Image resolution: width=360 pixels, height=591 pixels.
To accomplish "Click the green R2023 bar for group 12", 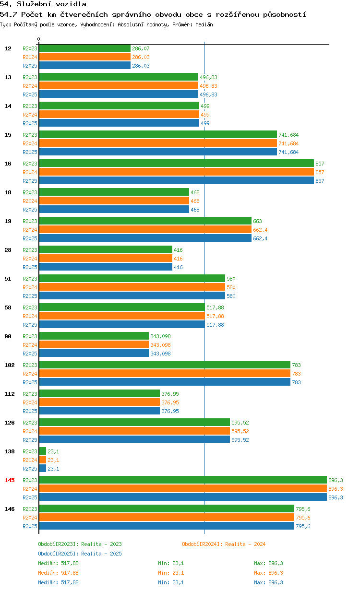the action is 85,48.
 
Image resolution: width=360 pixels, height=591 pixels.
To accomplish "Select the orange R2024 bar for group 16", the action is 177,172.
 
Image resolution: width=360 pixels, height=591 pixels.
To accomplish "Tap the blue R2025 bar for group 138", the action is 43,468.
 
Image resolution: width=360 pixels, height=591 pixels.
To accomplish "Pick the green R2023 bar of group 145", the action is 183,480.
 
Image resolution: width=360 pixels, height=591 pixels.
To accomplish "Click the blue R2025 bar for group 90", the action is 94,353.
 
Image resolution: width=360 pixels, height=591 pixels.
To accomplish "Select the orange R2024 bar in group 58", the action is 122,316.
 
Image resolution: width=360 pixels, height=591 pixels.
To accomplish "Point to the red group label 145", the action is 10,480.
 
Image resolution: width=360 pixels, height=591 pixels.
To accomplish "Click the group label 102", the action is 10,365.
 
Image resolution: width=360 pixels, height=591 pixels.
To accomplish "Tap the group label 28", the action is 8,250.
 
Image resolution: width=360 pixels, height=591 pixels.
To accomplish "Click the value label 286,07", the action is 141,48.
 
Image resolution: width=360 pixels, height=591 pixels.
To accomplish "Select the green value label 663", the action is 257,221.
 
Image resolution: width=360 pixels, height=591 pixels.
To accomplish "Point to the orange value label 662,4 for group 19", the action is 260,230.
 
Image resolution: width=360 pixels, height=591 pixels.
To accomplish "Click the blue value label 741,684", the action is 288,152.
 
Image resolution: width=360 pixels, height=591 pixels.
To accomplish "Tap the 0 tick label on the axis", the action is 38,39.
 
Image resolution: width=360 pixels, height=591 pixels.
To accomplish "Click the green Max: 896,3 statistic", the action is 268,563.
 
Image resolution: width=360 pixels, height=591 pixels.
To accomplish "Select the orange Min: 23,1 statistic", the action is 171,573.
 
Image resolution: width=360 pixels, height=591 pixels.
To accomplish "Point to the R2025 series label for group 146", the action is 30,526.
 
